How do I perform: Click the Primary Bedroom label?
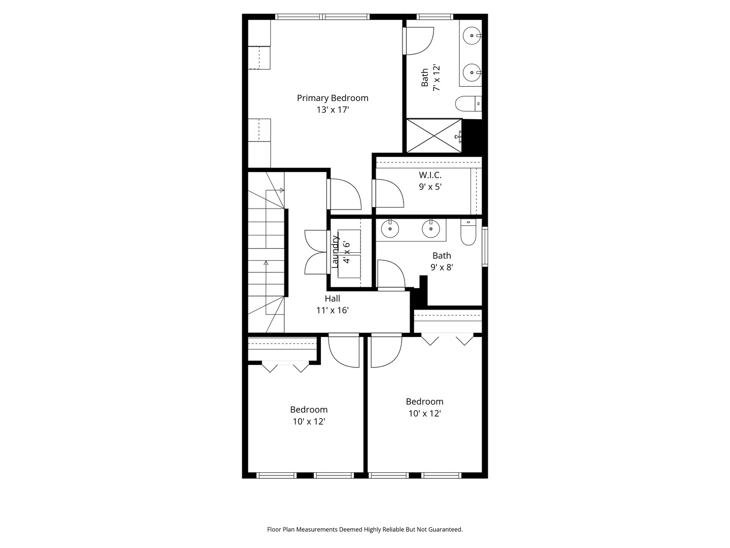(x=332, y=98)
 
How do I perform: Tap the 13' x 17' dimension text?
(x=332, y=110)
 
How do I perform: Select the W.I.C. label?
(x=430, y=175)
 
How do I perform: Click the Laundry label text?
(x=335, y=252)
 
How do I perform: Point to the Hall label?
(x=332, y=298)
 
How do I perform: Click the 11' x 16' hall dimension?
(x=332, y=311)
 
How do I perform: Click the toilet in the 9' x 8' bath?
(x=468, y=232)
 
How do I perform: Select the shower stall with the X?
(x=434, y=136)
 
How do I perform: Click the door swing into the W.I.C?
(x=388, y=193)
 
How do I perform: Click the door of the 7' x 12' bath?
(x=418, y=41)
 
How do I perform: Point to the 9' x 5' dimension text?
(x=430, y=187)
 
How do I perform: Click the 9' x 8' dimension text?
(x=442, y=267)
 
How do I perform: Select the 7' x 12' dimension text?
(x=436, y=78)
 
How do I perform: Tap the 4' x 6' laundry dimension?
(x=347, y=252)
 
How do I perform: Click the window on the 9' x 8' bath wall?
(x=485, y=247)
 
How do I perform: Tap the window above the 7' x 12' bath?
(x=434, y=17)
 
